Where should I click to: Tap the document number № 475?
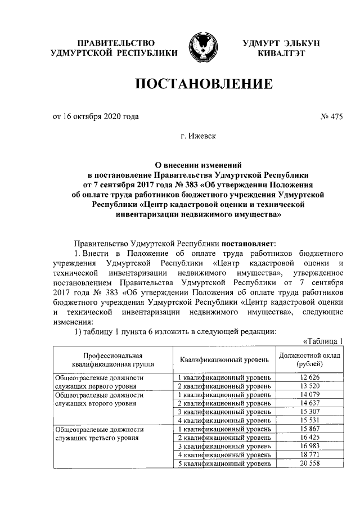coord(331,117)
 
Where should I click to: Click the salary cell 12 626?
coord(309,376)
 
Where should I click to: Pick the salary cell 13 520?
coord(309,385)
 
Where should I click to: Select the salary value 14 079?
coord(309,394)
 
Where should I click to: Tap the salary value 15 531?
coord(309,421)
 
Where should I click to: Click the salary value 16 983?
coord(309,447)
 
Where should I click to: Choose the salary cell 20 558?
coord(309,464)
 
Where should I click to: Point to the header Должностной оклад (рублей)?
coord(309,359)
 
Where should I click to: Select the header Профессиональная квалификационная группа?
coord(110,359)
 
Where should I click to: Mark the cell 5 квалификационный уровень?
coord(224,464)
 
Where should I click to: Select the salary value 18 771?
coord(309,455)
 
